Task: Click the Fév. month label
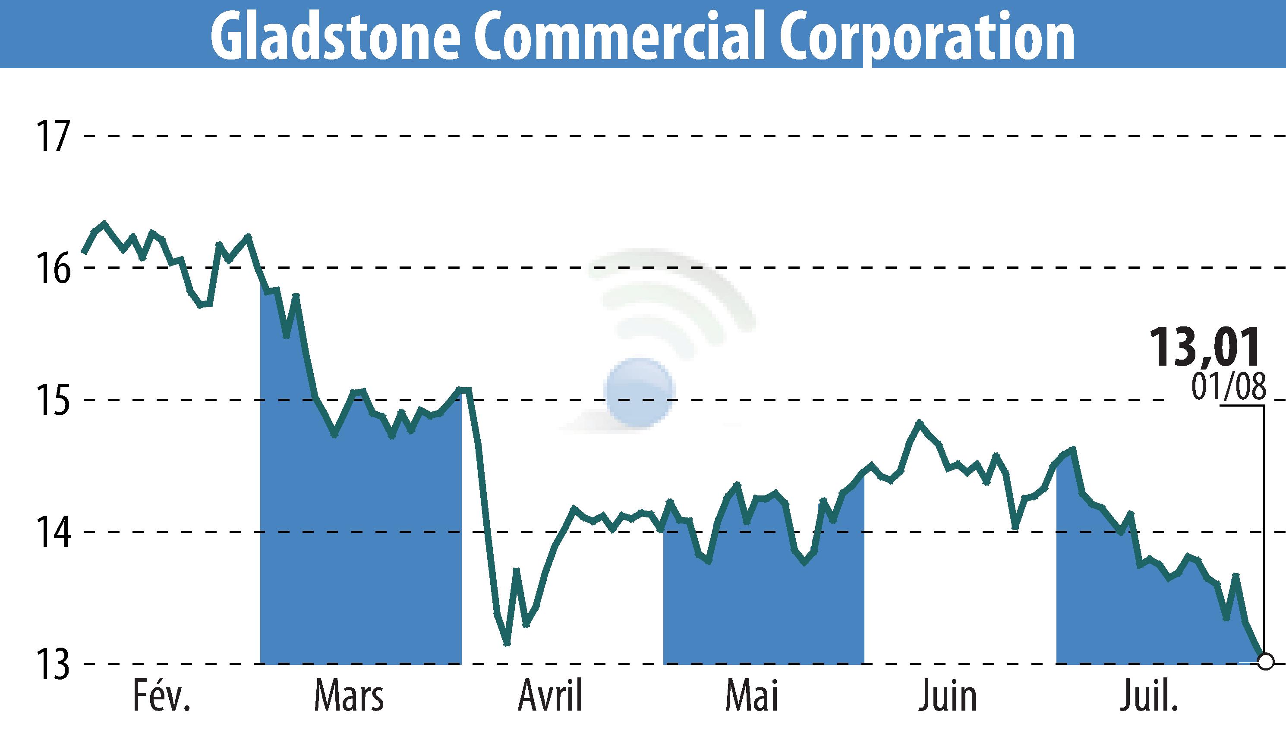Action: [161, 696]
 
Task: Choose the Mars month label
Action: [349, 696]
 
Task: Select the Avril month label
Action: [550, 696]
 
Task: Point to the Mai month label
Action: [752, 696]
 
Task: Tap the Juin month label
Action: [948, 696]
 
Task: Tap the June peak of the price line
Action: [919, 422]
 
